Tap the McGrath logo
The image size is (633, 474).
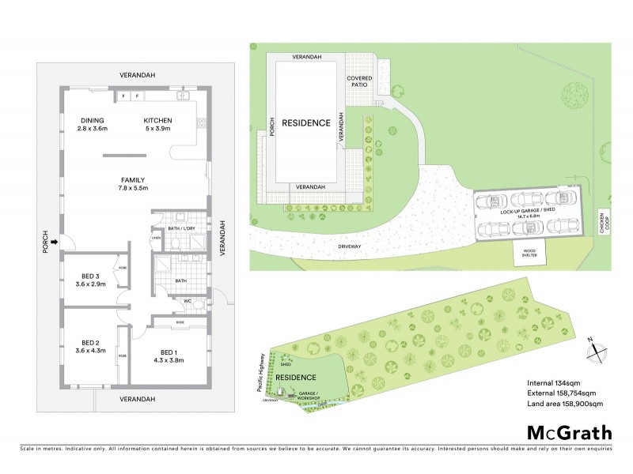point(567,431)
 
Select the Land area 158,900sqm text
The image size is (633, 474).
point(565,404)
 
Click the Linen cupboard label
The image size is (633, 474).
point(157,239)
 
